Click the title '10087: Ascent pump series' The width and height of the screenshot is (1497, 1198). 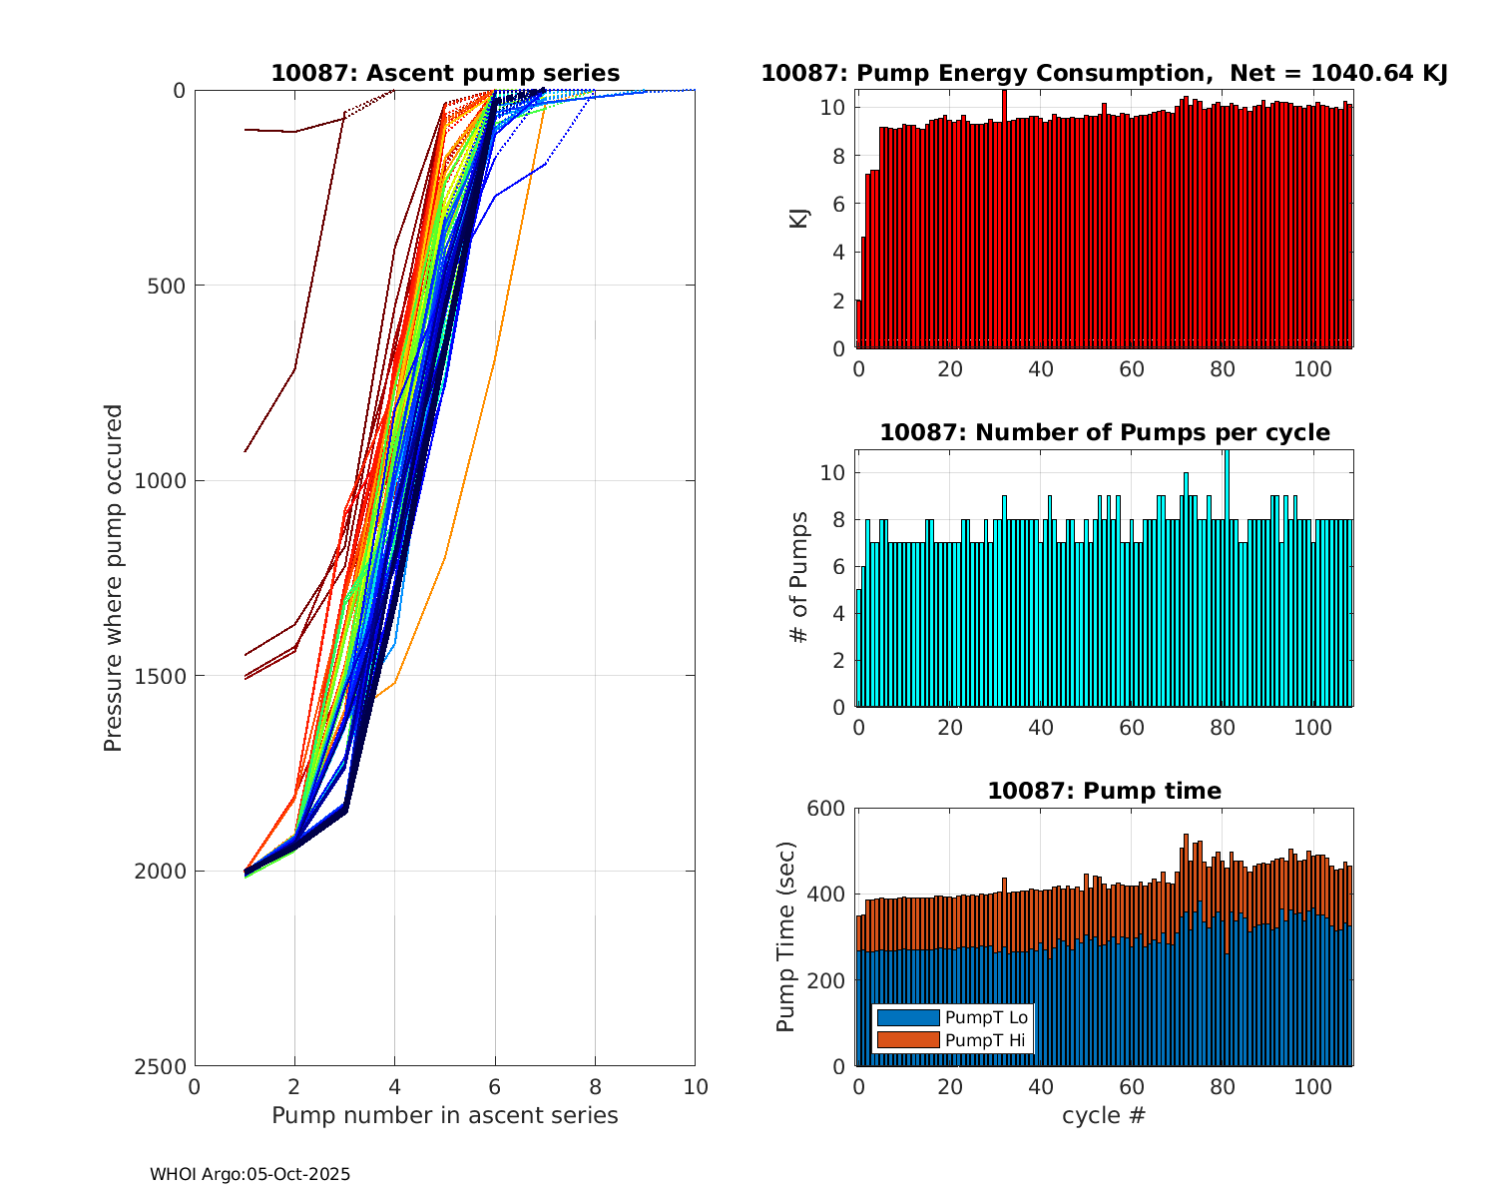pyautogui.click(x=445, y=73)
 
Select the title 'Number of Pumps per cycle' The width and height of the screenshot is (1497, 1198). pyautogui.click(x=1104, y=432)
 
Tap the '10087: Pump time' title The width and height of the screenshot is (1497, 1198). pyautogui.click(x=1104, y=791)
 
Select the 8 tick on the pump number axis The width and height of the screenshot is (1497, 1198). pyautogui.click(x=595, y=1087)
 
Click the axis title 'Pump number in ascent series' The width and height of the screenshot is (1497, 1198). pyautogui.click(x=445, y=1115)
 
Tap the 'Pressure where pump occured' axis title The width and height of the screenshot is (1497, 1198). pyautogui.click(x=114, y=578)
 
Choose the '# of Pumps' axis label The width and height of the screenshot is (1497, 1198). pyautogui.click(x=799, y=578)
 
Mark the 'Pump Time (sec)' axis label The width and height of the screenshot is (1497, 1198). pyautogui.click(x=786, y=937)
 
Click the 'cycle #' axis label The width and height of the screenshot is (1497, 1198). pyautogui.click(x=1104, y=1115)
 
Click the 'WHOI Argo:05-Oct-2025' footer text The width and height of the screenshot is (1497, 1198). pyautogui.click(x=249, y=1175)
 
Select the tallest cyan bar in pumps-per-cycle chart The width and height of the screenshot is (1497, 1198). pyautogui.click(x=1227, y=579)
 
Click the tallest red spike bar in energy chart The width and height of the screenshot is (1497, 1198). pyautogui.click(x=1004, y=220)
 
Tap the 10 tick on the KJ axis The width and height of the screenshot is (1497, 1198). pyautogui.click(x=835, y=107)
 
